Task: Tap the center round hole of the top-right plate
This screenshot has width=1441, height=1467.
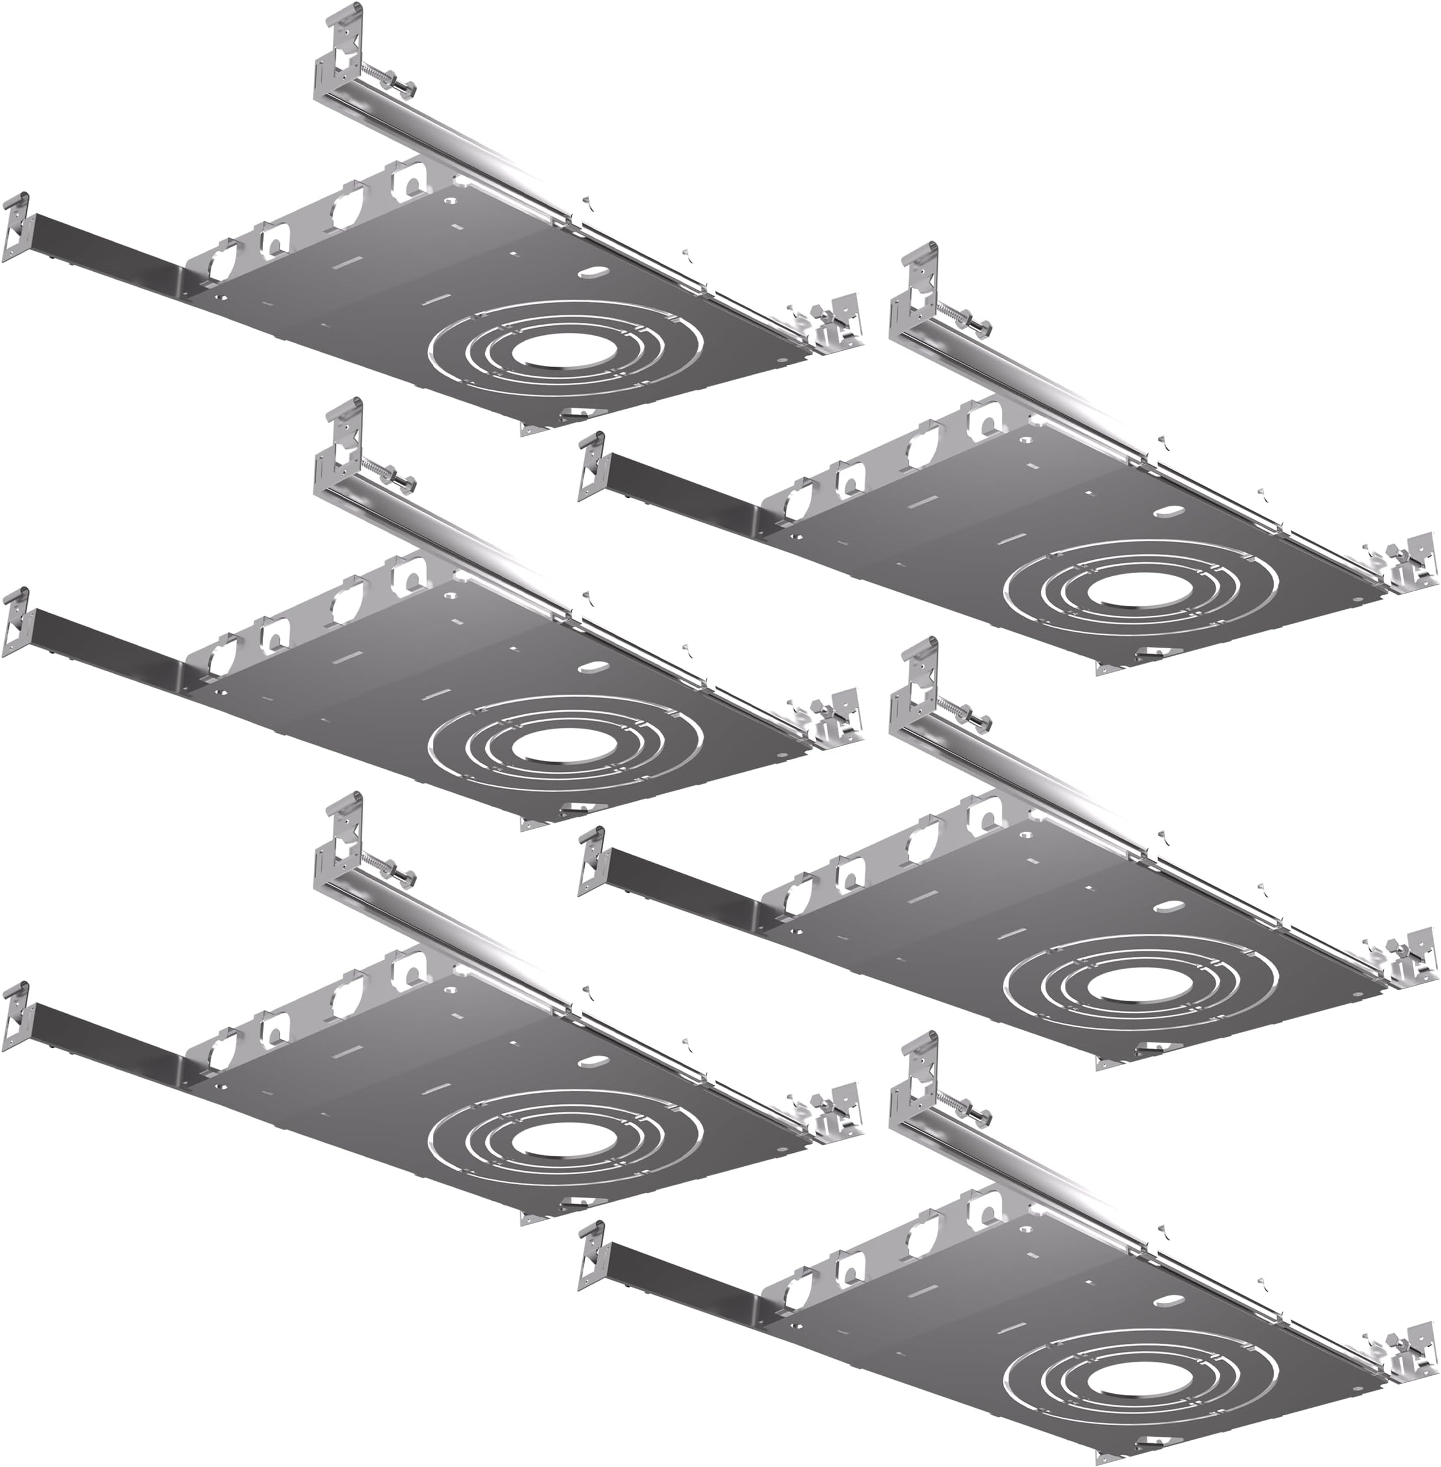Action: pos(1121,587)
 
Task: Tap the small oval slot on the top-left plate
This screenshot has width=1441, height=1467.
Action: pos(592,272)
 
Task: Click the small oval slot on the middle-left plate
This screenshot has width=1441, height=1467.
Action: pos(592,668)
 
